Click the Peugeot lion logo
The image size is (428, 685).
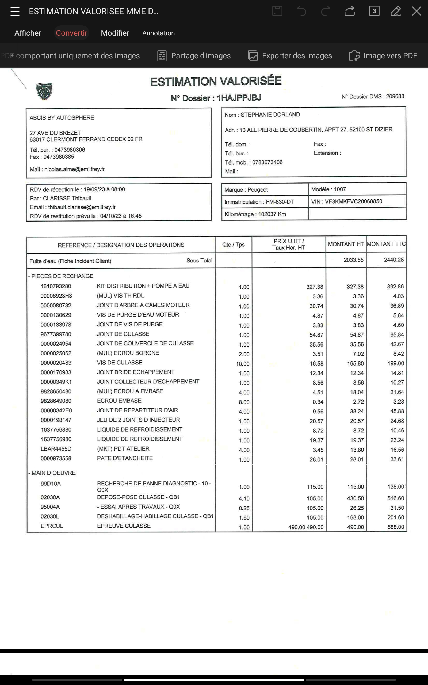[44, 92]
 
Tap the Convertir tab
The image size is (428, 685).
[72, 33]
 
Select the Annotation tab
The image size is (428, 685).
[158, 33]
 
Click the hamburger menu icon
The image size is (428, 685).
[15, 12]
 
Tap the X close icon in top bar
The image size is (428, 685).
[416, 11]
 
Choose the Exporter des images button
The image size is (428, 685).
[290, 56]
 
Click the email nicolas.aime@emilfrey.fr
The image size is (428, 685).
[74, 169]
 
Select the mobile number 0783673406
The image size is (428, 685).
[267, 162]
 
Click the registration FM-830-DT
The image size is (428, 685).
[280, 202]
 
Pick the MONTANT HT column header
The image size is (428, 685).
[346, 244]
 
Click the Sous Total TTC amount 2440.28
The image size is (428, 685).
[393, 260]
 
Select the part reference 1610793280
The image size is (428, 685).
[56, 286]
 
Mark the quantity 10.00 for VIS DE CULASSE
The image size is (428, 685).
[243, 364]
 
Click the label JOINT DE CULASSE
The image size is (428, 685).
[123, 334]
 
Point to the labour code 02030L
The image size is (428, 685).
[50, 517]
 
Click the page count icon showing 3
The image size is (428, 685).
[374, 11]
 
